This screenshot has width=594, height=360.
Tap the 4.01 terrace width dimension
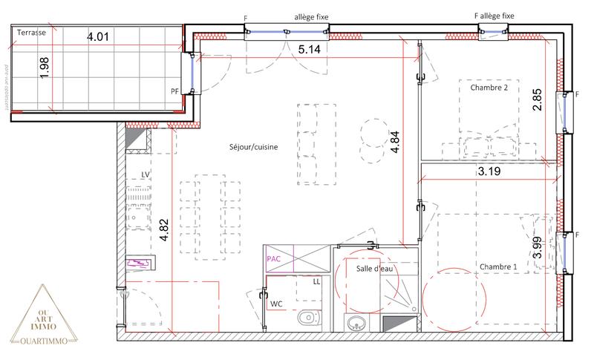100,36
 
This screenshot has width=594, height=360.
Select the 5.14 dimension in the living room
310,50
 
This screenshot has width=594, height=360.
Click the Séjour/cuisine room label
254,147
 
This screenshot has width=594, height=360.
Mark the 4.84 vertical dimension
396,141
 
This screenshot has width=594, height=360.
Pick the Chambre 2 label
489,88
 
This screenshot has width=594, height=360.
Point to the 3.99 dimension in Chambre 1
538,246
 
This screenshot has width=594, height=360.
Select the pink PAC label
273,259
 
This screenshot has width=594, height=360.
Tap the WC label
275,303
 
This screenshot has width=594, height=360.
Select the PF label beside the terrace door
174,92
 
